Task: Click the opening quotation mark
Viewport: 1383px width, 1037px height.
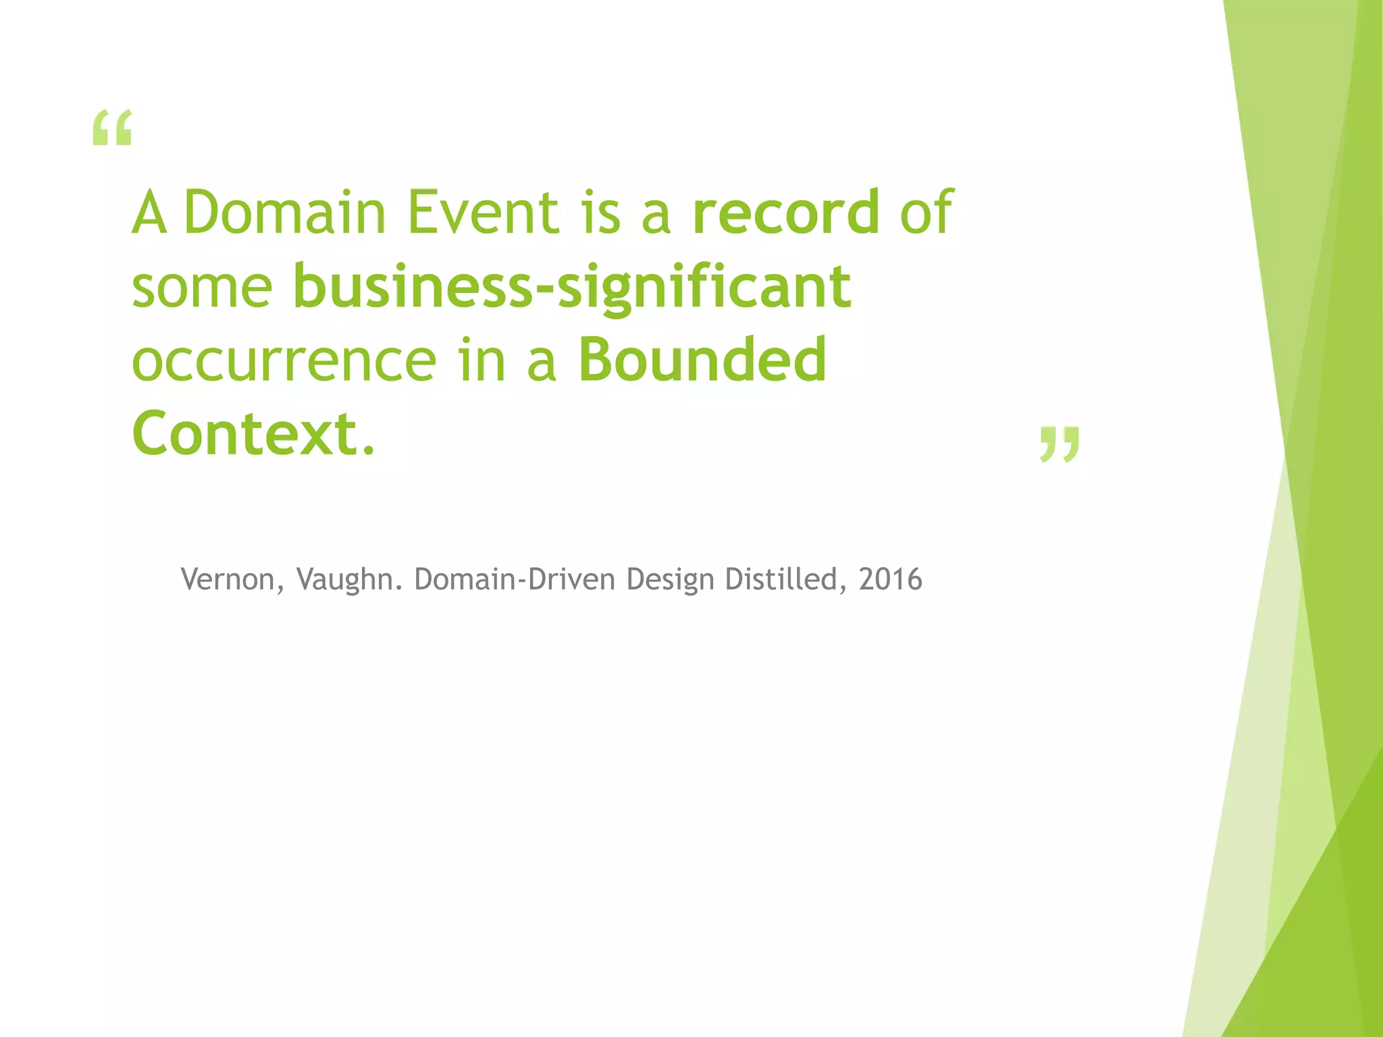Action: point(112,128)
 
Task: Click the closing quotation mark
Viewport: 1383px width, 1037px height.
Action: point(1060,444)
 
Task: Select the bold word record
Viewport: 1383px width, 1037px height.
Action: point(786,212)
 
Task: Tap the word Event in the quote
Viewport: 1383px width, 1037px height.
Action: point(484,212)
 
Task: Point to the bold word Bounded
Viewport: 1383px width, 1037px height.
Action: point(702,359)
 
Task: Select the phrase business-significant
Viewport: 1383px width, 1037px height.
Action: point(571,287)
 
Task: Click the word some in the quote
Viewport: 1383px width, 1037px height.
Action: point(202,287)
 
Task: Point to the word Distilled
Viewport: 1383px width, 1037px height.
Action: point(781,579)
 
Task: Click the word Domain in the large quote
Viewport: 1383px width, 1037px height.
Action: point(284,212)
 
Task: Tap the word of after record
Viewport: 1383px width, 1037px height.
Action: point(926,212)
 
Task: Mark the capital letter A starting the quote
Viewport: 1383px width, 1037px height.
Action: point(149,212)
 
